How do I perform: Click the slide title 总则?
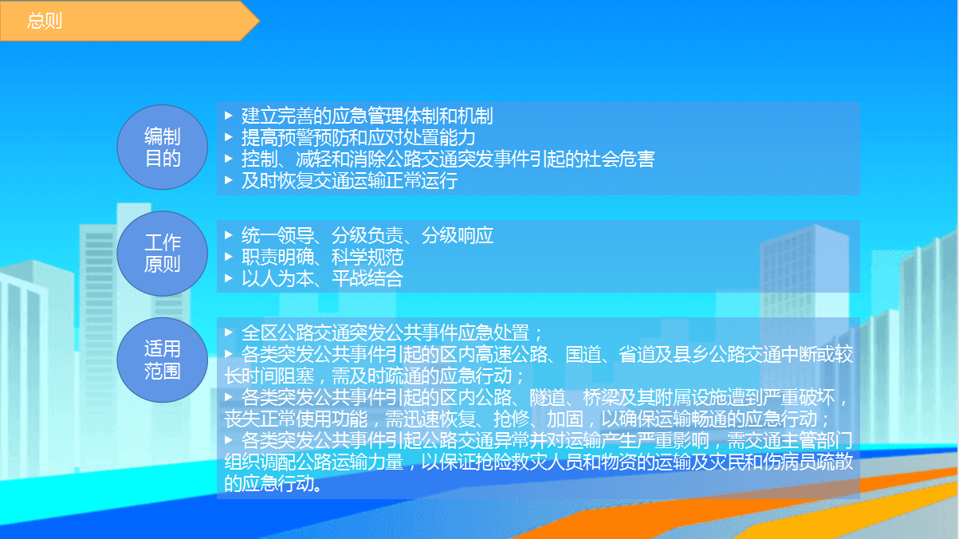[x=45, y=21]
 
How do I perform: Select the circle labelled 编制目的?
[x=163, y=148]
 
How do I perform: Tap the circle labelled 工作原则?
[x=163, y=254]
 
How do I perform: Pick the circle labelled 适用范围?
[x=163, y=360]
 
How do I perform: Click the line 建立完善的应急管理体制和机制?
[x=367, y=116]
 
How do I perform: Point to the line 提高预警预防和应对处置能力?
[x=358, y=137]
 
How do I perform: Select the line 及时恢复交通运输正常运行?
[x=349, y=181]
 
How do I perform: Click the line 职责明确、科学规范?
[x=322, y=257]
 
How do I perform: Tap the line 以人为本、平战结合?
[x=322, y=278]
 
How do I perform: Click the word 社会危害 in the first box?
[x=619, y=159]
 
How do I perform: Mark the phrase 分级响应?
[x=458, y=235]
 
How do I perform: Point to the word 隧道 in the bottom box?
[x=547, y=397]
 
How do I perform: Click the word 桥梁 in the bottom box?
[x=600, y=397]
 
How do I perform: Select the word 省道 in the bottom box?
[x=637, y=355]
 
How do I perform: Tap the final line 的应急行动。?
[x=273, y=484]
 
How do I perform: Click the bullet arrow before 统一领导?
[x=229, y=235]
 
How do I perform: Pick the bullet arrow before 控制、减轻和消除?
[x=229, y=159]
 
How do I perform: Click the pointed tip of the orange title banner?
[x=259, y=21]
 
